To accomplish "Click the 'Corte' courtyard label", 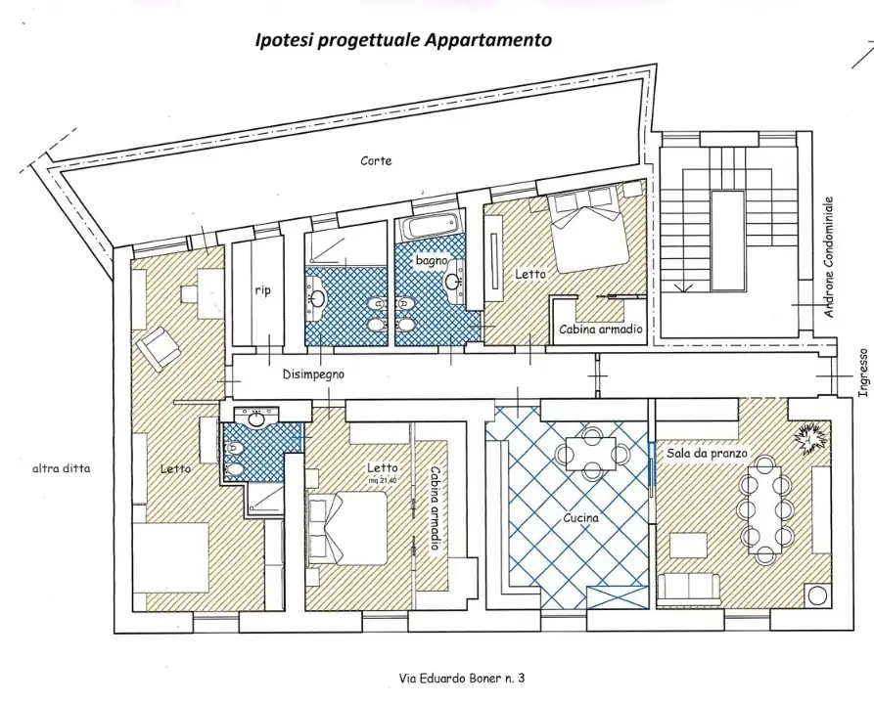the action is pos(376,161).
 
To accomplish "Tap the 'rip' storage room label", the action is pos(262,290).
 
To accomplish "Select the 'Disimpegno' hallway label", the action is pos(313,374).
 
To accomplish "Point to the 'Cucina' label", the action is pos(580,518).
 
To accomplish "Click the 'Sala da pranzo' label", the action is pos(707,454).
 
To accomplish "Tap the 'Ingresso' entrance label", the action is pos(863,373).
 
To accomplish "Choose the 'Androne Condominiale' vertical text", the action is pos(829,257).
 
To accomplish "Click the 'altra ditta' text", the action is pos(62,468).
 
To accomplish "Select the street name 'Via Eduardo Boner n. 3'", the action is pos(462,678).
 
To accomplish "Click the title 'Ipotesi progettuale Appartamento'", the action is pos(403,40).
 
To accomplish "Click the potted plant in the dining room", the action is pos(811,438).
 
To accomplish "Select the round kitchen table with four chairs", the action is pos(591,453).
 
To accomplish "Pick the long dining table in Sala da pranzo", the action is pos(765,507).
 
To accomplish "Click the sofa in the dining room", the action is pos(688,590).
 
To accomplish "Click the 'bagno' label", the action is pos(432,260).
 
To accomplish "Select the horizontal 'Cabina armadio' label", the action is pos(601,329).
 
